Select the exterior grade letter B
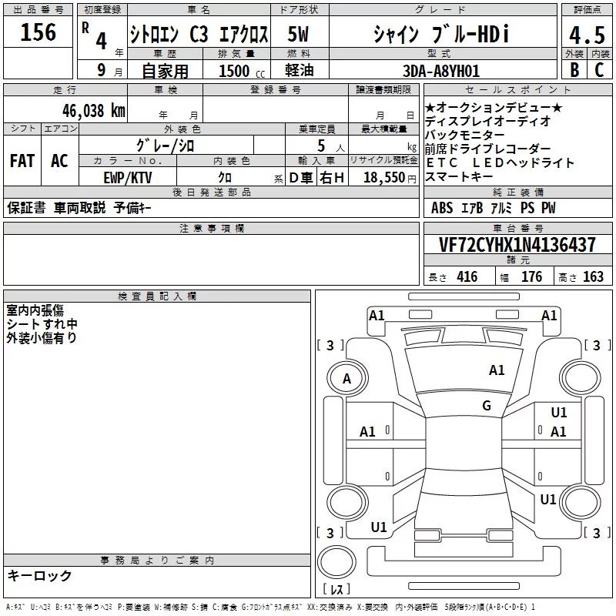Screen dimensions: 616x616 point(574,70)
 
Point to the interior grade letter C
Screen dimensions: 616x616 point(599,70)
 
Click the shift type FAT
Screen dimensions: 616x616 point(22,161)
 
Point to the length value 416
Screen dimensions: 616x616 point(467,277)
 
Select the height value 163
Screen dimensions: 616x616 point(593,277)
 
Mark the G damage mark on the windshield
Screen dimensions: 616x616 point(487,406)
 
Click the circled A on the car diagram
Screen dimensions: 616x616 point(346,378)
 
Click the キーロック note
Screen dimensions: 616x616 point(40,576)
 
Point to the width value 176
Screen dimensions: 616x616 point(531,277)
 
